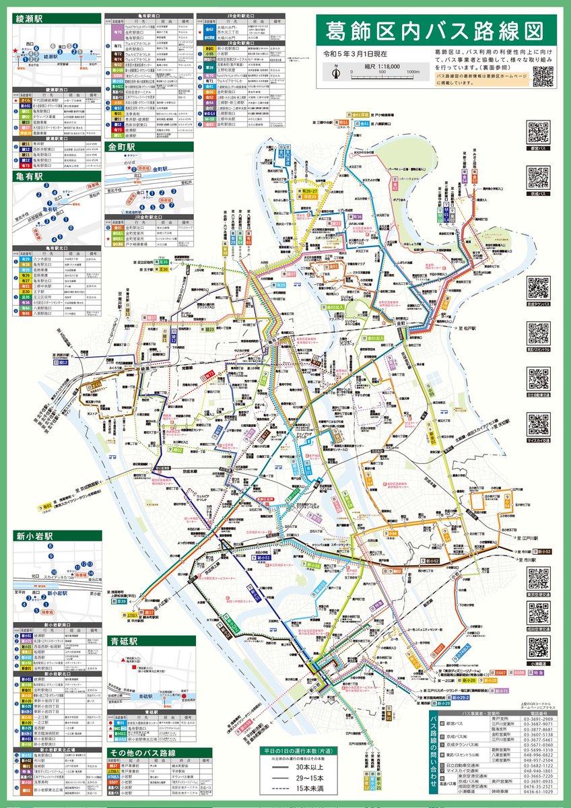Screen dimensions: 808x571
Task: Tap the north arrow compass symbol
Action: [x=337, y=69]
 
